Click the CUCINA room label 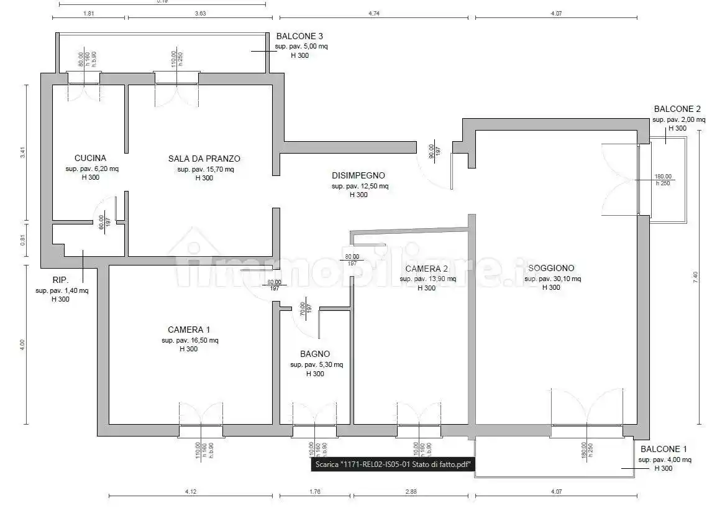point(90,158)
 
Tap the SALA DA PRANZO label point(204,159)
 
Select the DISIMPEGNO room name point(358,175)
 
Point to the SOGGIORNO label point(551,268)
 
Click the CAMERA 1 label point(189,330)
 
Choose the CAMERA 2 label point(427,269)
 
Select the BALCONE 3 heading point(299,37)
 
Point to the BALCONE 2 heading point(677,109)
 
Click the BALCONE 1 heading point(664,449)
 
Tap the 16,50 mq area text point(189,340)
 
